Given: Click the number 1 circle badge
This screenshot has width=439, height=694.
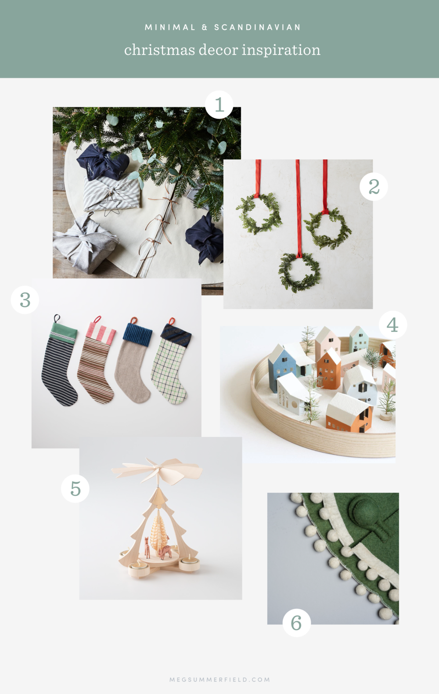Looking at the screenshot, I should [x=219, y=105].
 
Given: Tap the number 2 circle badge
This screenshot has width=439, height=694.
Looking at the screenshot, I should [x=374, y=187].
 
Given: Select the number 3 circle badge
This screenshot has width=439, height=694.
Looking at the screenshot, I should [x=25, y=300].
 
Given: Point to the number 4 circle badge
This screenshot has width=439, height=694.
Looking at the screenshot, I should [x=392, y=325].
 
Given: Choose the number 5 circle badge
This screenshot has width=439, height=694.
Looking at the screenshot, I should [x=76, y=488].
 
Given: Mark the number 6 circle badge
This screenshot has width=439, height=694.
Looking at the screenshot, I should [x=296, y=623].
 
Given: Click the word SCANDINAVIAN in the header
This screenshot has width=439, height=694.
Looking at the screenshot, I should [x=257, y=27].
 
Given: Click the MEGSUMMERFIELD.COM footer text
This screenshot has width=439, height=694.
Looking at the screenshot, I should [x=219, y=680].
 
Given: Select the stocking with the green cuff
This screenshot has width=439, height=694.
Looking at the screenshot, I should [x=59, y=365].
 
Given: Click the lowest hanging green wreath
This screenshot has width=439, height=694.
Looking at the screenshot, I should [x=300, y=272].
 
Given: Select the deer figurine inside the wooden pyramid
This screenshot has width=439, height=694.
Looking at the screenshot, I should [x=165, y=551].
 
